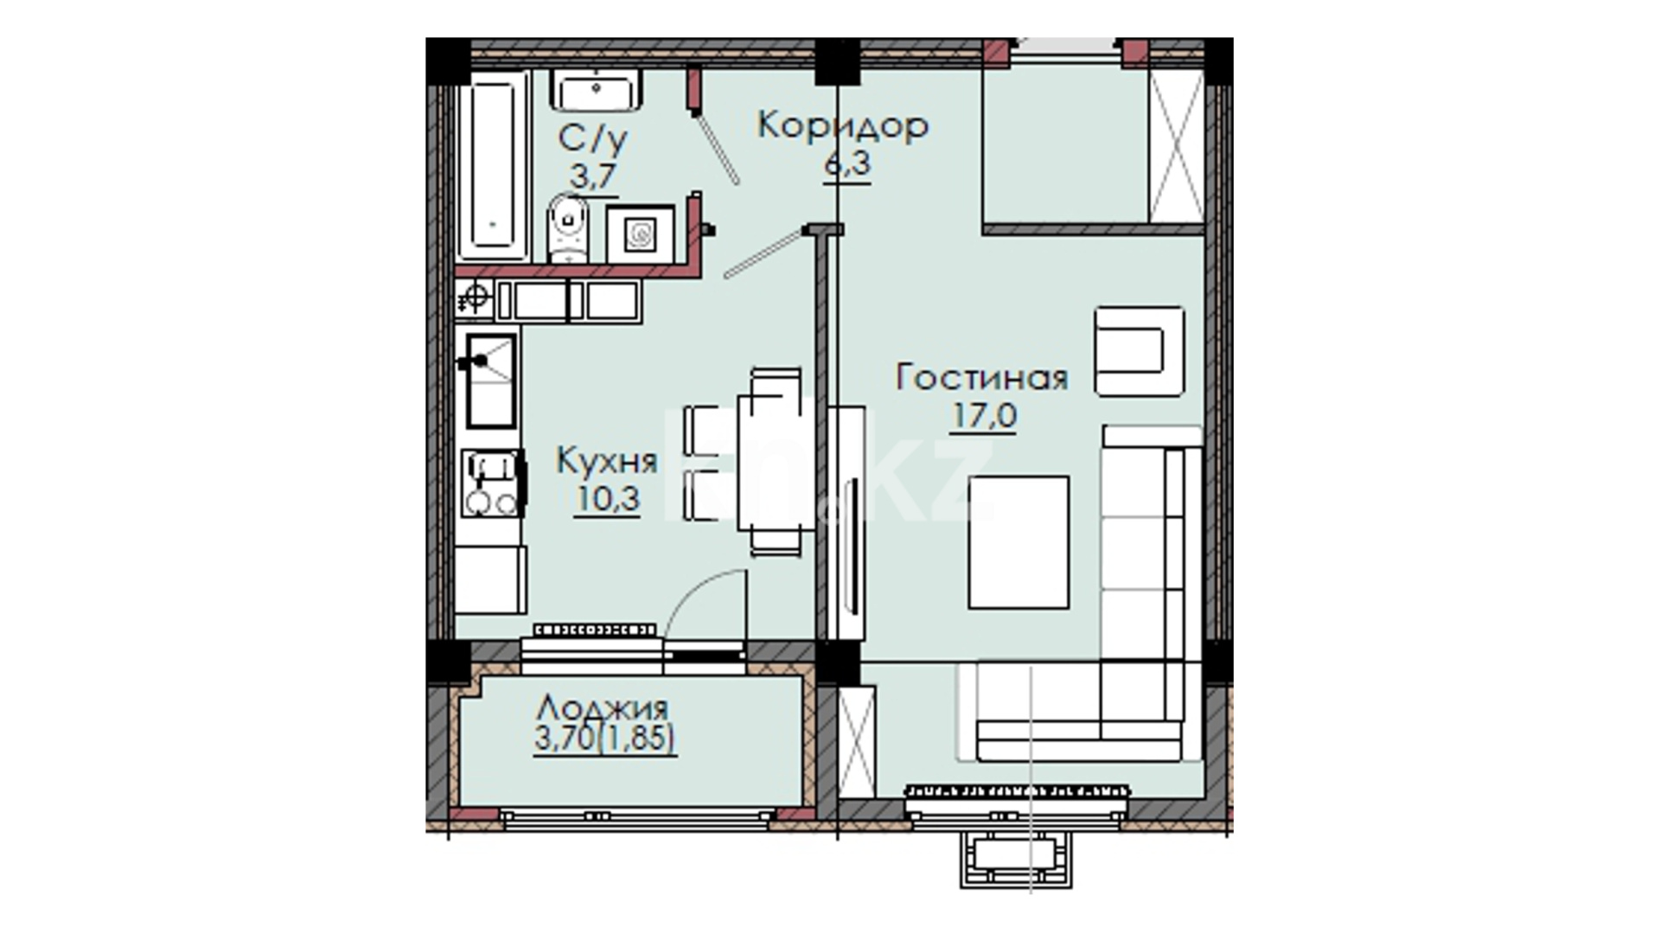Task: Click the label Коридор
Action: [x=843, y=126]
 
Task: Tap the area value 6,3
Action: [x=846, y=163]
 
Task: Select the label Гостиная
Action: [x=982, y=378]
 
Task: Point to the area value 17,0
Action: [x=984, y=416]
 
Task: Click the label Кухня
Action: [x=606, y=461]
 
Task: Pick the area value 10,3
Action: [x=607, y=499]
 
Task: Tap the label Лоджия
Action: [x=602, y=708]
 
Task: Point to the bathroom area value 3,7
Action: [x=592, y=176]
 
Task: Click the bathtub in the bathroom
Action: [x=493, y=166]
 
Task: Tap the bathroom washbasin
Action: [x=596, y=91]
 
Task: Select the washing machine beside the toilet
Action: [x=640, y=234]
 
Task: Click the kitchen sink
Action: [x=490, y=381]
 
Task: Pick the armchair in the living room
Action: [x=1139, y=351]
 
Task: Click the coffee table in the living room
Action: [x=1018, y=542]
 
